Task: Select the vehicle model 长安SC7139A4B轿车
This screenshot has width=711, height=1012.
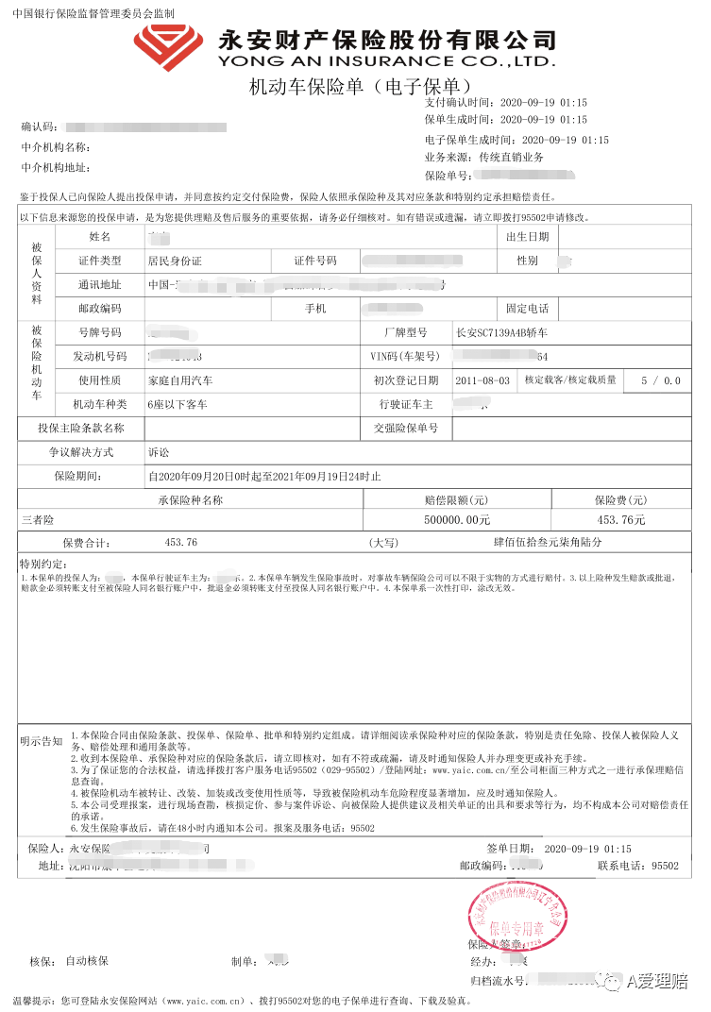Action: click(501, 332)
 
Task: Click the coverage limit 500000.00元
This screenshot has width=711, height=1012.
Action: click(458, 519)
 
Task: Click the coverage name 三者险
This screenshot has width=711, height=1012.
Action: click(39, 519)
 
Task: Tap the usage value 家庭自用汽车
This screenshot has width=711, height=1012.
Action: click(179, 380)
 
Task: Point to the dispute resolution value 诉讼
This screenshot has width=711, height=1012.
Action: click(159, 452)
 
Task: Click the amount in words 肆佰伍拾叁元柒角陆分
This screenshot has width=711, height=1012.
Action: click(533, 543)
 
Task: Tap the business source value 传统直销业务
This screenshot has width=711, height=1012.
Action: click(511, 158)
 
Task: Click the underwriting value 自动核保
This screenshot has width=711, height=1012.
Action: click(87, 961)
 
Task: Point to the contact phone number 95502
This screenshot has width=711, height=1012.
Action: click(665, 865)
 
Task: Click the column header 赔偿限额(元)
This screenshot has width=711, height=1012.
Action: click(456, 499)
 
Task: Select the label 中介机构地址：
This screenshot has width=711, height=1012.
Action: click(56, 168)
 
